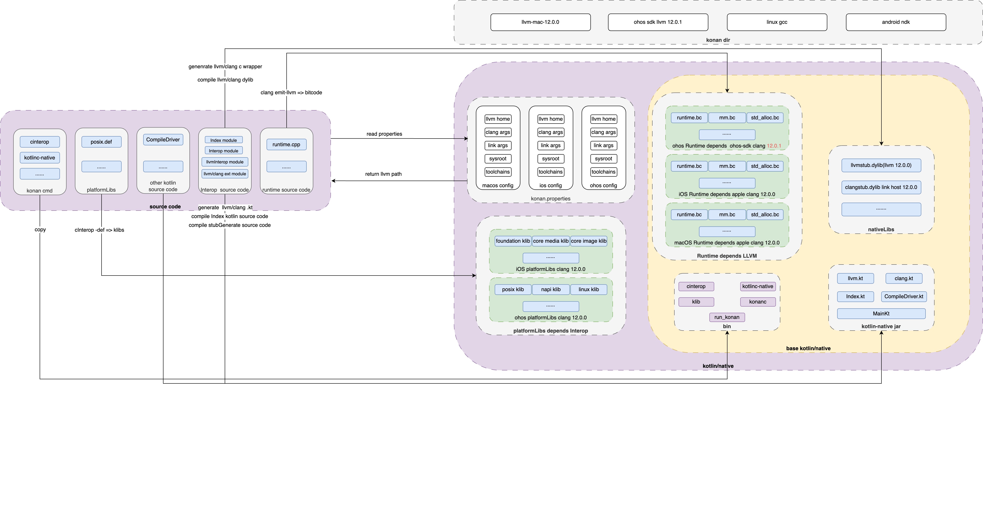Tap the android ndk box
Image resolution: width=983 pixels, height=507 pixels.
point(896,22)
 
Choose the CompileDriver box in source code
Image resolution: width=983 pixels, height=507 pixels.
point(163,140)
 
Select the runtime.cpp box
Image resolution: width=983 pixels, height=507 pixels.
point(286,144)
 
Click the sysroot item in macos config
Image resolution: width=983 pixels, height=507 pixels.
point(498,159)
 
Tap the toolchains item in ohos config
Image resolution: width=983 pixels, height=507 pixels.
point(603,172)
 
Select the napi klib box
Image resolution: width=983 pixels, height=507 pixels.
point(551,290)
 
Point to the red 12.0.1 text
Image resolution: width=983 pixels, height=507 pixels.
point(774,146)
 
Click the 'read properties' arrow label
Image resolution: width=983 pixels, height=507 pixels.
point(384,134)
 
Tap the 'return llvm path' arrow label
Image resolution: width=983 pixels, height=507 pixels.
point(383,174)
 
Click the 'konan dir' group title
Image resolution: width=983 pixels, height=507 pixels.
point(718,40)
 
